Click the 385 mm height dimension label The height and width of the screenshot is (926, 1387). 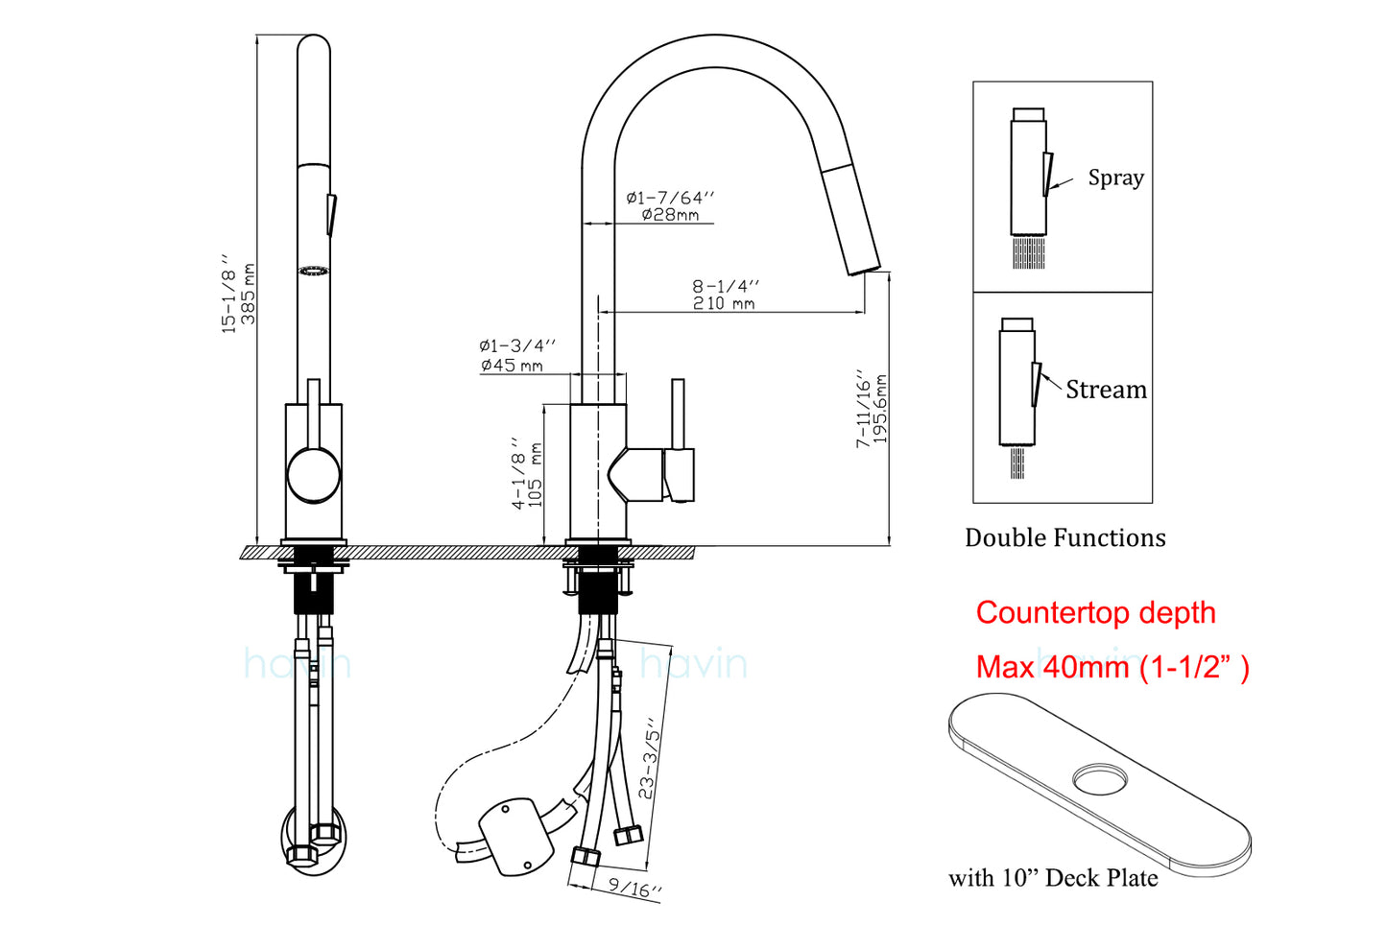pyautogui.click(x=248, y=294)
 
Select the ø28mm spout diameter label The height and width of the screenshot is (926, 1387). pyautogui.click(x=670, y=215)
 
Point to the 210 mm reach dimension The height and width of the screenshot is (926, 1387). pyautogui.click(x=724, y=303)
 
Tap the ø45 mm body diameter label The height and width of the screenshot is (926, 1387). pyautogui.click(x=512, y=366)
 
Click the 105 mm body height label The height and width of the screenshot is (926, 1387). pyautogui.click(x=536, y=475)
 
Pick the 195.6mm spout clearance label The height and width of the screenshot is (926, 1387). pyautogui.click(x=881, y=410)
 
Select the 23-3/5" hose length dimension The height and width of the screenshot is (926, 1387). pyautogui.click(x=650, y=758)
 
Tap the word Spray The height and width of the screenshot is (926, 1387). pyautogui.click(x=1115, y=178)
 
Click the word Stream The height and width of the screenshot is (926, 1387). pyautogui.click(x=1106, y=390)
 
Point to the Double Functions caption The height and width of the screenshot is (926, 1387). pyautogui.click(x=1064, y=537)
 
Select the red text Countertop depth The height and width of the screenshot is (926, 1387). pyautogui.click(x=1095, y=612)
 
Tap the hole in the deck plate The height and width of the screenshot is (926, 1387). pyautogui.click(x=1102, y=778)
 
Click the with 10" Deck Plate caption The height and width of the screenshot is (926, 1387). pyautogui.click(x=1052, y=878)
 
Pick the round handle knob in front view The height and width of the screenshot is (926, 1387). pyautogui.click(x=314, y=475)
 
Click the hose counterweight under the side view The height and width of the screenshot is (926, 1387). pyautogui.click(x=516, y=836)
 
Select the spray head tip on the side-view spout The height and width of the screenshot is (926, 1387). pyautogui.click(x=862, y=264)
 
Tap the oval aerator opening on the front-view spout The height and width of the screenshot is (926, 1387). pyautogui.click(x=314, y=272)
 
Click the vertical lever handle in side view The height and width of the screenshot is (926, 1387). pyautogui.click(x=678, y=414)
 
